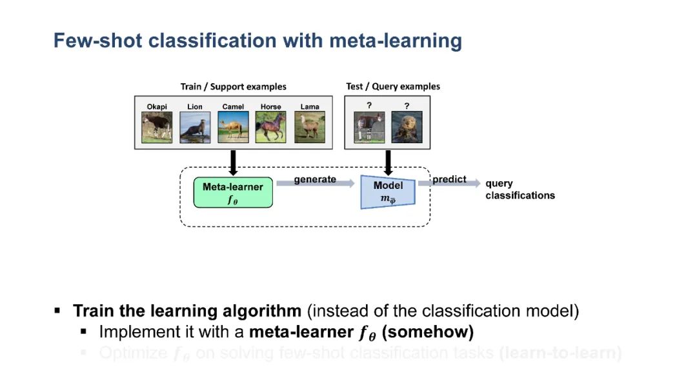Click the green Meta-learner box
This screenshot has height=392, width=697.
click(233, 192)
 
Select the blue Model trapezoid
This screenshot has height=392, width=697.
click(388, 191)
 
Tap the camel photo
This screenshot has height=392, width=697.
click(233, 127)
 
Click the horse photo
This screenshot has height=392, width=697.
click(271, 127)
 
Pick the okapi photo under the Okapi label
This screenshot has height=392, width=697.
click(157, 127)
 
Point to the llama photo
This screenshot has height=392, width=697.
click(310, 127)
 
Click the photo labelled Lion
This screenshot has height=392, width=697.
click(195, 127)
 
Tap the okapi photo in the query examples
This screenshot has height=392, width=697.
click(369, 127)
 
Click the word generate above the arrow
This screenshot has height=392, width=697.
click(315, 179)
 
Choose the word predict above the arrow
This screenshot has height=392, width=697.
click(449, 179)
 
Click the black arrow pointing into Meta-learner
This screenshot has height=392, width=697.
click(233, 162)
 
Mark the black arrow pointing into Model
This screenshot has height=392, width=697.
click(388, 162)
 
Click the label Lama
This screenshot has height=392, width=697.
click(310, 106)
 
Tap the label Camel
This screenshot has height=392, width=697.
click(233, 106)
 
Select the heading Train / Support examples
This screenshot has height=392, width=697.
click(233, 86)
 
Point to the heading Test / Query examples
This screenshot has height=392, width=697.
click(393, 86)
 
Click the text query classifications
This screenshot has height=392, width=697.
click(520, 190)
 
